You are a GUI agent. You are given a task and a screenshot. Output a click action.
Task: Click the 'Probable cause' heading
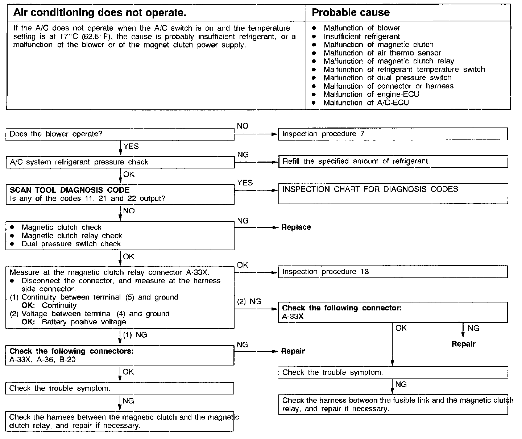(x=351, y=13)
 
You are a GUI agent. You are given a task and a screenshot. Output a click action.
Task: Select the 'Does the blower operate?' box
(x=120, y=134)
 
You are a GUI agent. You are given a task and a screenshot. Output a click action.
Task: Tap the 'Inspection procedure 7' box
(x=393, y=134)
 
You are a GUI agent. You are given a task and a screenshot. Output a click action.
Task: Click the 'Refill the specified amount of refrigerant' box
(x=393, y=162)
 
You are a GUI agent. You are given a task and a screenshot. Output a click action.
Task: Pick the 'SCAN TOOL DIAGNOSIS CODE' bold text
(x=69, y=190)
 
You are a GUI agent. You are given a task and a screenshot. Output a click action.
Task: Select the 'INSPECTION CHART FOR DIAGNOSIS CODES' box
(x=393, y=193)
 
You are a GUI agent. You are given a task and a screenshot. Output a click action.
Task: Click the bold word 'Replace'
(x=296, y=227)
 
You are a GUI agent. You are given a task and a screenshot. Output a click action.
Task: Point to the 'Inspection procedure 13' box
(x=393, y=272)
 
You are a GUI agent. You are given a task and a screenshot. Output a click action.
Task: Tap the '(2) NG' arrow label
(x=249, y=301)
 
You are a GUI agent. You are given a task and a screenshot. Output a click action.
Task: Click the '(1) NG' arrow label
(x=135, y=335)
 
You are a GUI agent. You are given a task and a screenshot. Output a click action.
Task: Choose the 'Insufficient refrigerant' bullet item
(x=361, y=36)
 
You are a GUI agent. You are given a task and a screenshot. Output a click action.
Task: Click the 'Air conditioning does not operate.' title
(x=100, y=13)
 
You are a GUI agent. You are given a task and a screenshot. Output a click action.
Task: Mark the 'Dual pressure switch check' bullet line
(x=71, y=244)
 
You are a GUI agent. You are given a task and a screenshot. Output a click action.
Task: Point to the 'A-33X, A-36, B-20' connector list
(x=43, y=360)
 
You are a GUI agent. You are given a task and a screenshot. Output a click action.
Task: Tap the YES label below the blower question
(x=131, y=146)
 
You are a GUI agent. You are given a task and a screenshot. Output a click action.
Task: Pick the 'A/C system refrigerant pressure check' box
(x=120, y=162)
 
